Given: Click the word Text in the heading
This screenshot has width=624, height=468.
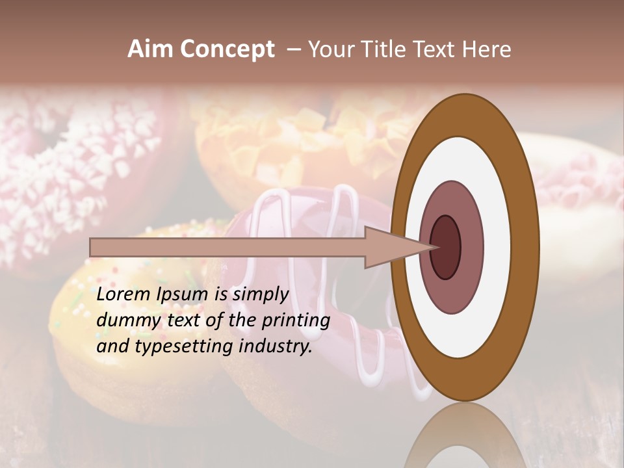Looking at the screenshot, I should tap(436, 49).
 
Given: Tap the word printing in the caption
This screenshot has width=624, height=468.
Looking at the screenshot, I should tap(296, 321).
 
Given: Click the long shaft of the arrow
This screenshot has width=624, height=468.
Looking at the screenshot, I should tap(227, 247).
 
